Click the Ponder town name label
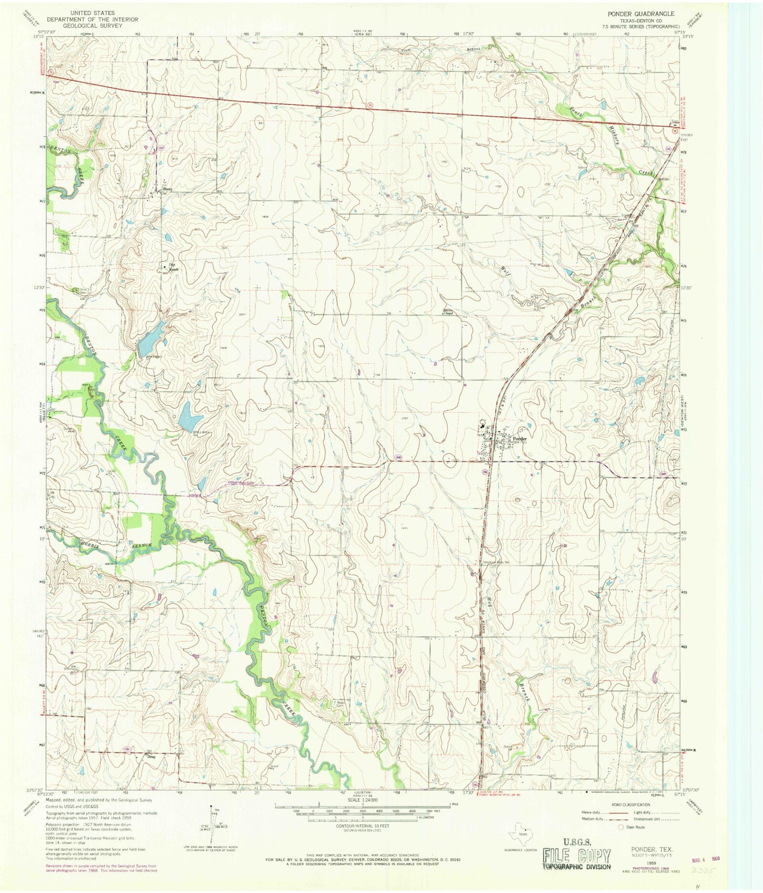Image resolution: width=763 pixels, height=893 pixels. coord(520,439)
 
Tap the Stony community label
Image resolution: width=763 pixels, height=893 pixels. coord(168,188)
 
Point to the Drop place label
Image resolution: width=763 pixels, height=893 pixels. coord(152,756)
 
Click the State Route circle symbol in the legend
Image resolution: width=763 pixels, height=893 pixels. coord(621,827)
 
